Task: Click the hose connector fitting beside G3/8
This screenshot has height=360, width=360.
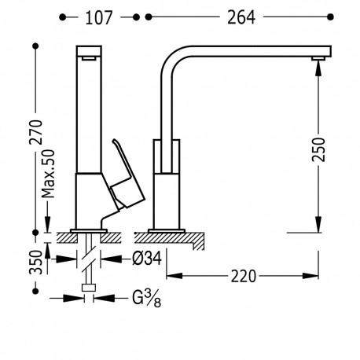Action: click(89, 296)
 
